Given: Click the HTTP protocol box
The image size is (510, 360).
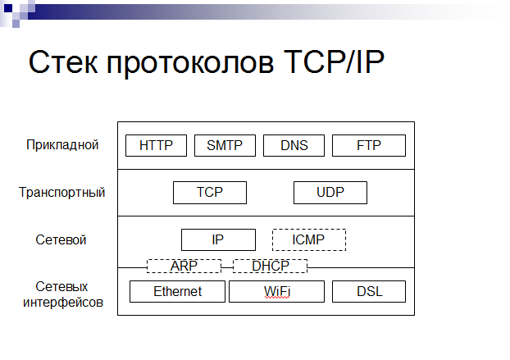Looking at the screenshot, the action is (x=156, y=145).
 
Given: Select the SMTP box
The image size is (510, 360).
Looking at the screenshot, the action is (x=225, y=145).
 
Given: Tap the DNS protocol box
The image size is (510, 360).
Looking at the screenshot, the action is (x=294, y=145).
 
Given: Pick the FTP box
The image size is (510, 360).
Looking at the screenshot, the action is (x=369, y=145).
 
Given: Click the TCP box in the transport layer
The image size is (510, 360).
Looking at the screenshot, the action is (x=210, y=193).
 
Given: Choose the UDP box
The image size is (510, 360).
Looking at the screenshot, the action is (x=330, y=193).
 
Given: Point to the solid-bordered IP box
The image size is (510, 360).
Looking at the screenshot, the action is (x=218, y=240).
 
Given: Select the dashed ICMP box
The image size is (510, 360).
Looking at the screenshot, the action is (x=309, y=240).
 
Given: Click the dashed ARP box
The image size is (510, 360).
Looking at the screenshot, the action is (x=184, y=266).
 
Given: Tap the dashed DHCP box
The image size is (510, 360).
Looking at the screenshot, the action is (x=271, y=266).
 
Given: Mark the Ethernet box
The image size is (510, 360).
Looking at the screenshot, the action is (x=177, y=291).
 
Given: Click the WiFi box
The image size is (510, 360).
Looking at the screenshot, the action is (x=277, y=291).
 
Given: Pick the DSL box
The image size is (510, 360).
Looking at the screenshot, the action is (x=369, y=291).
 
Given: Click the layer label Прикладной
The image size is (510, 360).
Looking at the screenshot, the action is (x=62, y=145).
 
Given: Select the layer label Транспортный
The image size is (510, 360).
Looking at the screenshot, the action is (x=61, y=192).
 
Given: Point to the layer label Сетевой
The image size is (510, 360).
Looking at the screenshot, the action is (x=61, y=240).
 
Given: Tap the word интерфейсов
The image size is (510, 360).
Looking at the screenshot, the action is (x=63, y=303).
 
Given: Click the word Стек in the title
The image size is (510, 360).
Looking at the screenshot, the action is (x=63, y=62).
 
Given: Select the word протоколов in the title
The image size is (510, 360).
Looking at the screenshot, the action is (x=190, y=63).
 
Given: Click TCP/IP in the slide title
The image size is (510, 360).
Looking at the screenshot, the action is (x=334, y=62).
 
